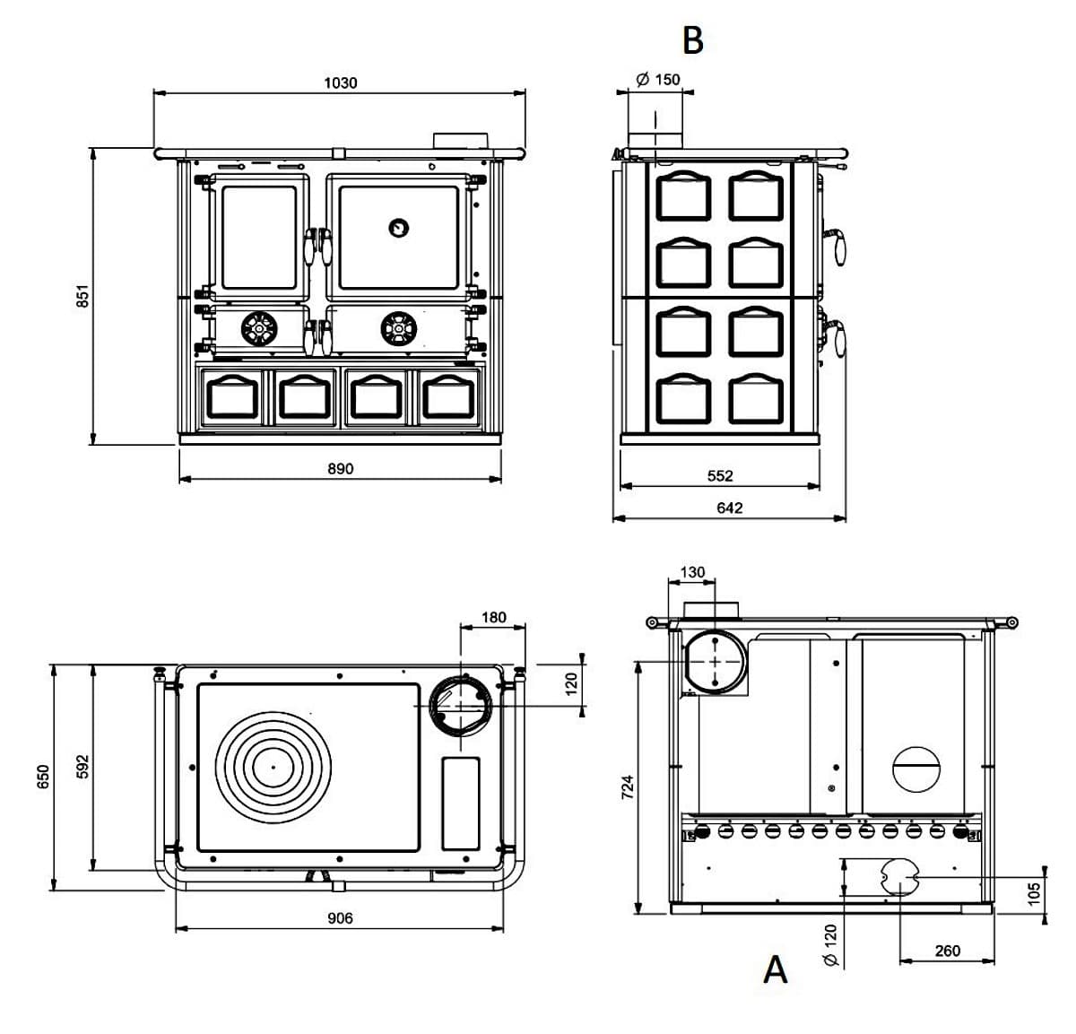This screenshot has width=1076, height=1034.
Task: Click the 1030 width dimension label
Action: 340,83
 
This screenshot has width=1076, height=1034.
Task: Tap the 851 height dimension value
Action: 82,296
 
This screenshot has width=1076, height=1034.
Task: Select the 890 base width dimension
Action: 340,468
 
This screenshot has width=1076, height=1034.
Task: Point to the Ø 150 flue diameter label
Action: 658,80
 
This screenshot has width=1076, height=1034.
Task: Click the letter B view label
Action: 692,39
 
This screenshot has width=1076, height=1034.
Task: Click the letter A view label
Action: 776,969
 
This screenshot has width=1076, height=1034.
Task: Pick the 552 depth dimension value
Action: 720,476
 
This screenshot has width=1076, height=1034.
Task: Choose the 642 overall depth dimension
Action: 730,508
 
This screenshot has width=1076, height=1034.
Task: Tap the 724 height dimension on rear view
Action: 628,786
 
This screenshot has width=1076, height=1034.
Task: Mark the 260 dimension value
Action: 948,951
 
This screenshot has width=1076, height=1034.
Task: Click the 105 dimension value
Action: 1034,892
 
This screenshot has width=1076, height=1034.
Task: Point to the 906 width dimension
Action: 340,918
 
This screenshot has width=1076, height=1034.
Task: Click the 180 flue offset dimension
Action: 493,617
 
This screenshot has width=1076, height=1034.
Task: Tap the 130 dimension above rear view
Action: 692,572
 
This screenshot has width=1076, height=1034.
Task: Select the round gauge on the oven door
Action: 397,228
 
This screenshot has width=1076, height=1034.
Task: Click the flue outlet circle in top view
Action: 461,705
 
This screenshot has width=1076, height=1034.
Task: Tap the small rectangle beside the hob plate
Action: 461,804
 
